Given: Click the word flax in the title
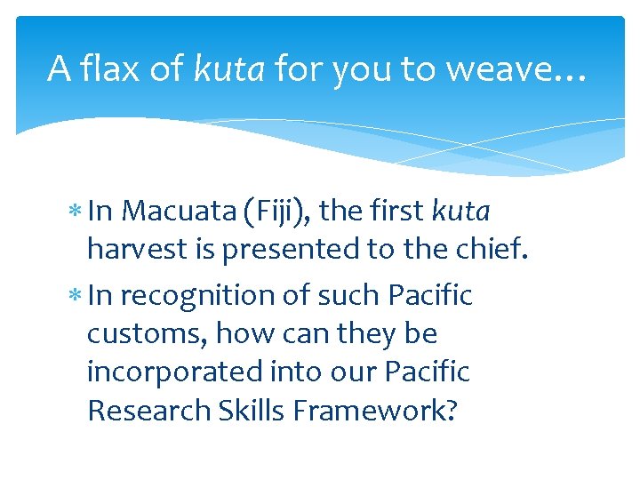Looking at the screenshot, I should pyautogui.click(x=108, y=68).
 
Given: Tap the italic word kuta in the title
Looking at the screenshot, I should pyautogui.click(x=229, y=68).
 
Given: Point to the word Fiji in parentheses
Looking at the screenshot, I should pyautogui.click(x=275, y=211).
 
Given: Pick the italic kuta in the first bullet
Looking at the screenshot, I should pyautogui.click(x=460, y=211).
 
